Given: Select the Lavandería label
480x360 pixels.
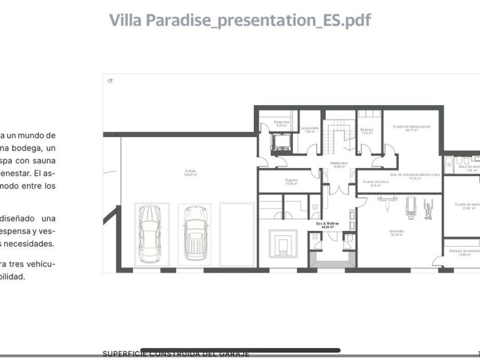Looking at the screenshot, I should pos(310,129).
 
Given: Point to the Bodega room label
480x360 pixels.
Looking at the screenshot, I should pos(367,130).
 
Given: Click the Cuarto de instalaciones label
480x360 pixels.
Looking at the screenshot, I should pos(412,128).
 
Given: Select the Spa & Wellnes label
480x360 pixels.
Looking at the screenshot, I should pos(328,225).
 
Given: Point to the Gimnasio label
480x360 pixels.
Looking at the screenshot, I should pos(396,232).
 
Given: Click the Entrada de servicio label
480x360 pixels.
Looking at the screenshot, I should pos(465,252).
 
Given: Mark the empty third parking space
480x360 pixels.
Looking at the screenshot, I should pos(238,234).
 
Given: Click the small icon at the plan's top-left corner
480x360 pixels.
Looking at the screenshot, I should pos(110,81).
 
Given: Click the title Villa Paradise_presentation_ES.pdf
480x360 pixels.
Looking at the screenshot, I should pos(240,20).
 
